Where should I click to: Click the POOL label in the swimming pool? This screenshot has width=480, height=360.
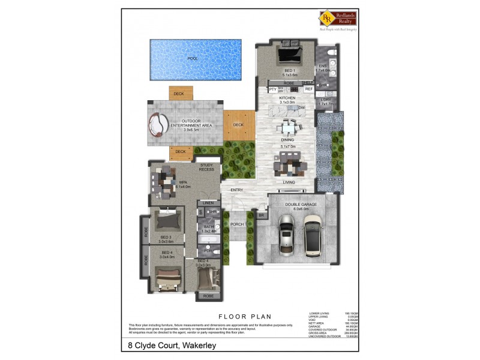click(192, 58)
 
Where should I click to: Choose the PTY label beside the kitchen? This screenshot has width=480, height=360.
click(272, 89)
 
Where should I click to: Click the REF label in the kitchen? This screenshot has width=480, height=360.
click(309, 89)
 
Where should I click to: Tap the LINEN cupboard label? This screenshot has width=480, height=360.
click(208, 203)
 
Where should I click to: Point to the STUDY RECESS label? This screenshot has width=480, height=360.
click(206, 167)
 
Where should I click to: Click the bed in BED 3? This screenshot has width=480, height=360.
click(166, 221)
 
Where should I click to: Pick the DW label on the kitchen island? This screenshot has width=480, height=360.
click(310, 108)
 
